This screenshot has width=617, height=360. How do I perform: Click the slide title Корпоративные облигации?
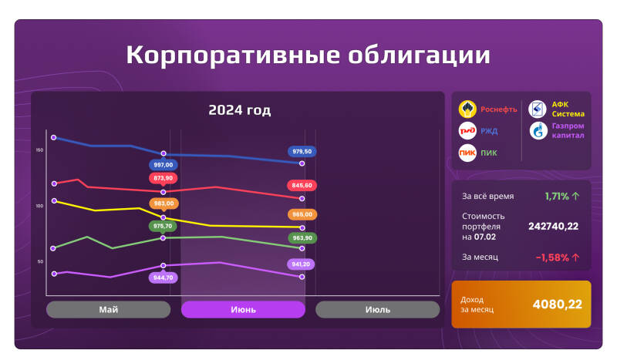[308, 56]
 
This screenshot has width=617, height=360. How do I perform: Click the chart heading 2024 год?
[239, 110]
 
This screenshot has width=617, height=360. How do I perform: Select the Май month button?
[108, 309]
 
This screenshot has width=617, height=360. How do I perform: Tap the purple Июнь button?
[243, 309]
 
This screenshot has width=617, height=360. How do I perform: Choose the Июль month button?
[377, 309]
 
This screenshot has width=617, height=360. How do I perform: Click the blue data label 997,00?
[164, 165]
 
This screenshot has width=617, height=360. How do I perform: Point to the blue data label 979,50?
[302, 151]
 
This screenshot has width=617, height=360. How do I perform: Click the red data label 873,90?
[164, 178]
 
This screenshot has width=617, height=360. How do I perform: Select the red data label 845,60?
[302, 186]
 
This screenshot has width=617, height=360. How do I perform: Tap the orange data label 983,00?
[164, 204]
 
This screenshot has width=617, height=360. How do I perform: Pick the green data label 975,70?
[163, 226]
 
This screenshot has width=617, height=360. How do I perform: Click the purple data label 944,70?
[163, 277]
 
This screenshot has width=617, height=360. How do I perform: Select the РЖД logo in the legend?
[467, 130]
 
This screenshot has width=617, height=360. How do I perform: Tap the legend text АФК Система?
[567, 109]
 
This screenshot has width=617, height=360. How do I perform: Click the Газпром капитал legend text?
[568, 130]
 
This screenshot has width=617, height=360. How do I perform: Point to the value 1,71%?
[557, 197]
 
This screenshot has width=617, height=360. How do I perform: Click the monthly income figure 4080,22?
[557, 304]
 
